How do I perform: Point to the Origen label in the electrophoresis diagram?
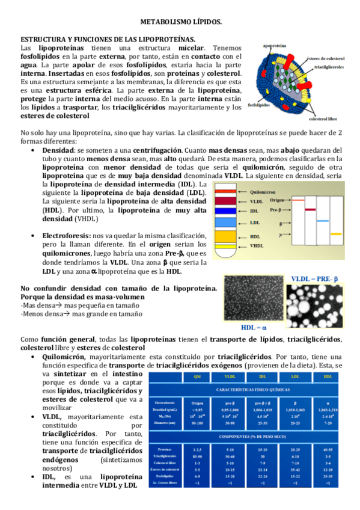(278, 199)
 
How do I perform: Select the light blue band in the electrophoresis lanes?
(323, 222)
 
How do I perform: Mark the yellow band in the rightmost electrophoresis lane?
(336, 233)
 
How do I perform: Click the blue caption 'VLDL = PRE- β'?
(315, 278)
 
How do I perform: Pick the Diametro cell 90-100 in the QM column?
(197, 423)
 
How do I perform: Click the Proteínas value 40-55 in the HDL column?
(327, 449)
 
